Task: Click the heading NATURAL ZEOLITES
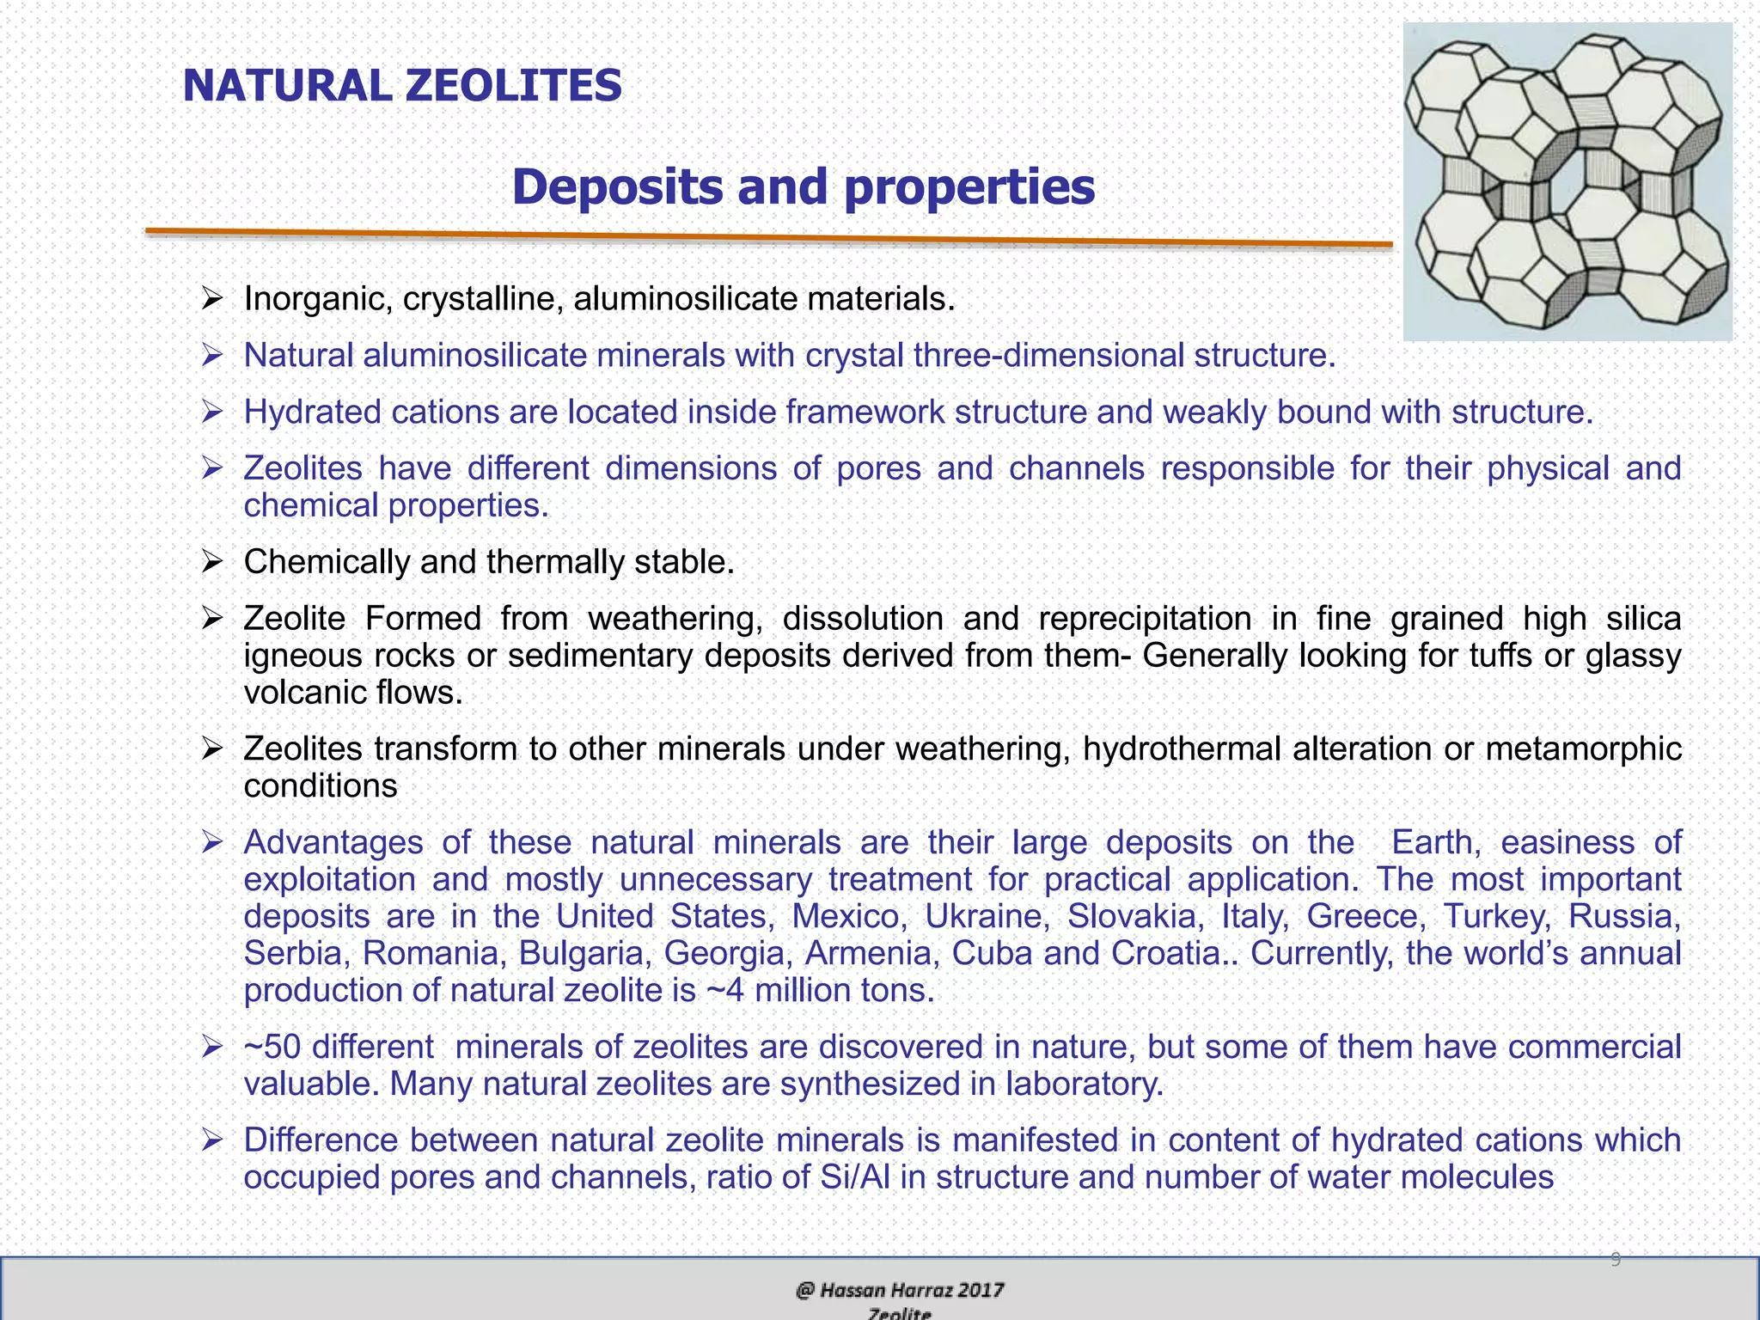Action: point(402,86)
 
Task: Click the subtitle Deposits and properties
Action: point(803,186)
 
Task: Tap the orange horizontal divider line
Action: point(768,237)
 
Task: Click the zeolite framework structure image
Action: point(1567,181)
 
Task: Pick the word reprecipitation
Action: point(1145,619)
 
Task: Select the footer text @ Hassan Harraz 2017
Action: point(900,1290)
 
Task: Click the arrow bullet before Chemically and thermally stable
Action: point(212,562)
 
